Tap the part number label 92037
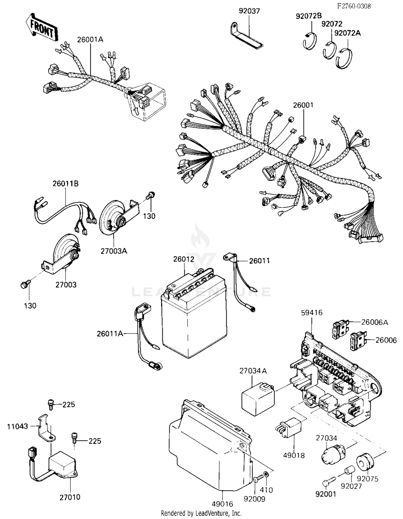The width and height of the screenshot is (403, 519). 249,11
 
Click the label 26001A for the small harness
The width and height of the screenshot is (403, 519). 90,40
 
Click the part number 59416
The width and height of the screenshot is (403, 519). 312,313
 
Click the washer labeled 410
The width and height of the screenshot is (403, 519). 266,473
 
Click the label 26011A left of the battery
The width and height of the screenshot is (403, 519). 110,334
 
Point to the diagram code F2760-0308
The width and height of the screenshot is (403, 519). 354,6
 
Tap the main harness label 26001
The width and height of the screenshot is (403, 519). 303,105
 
